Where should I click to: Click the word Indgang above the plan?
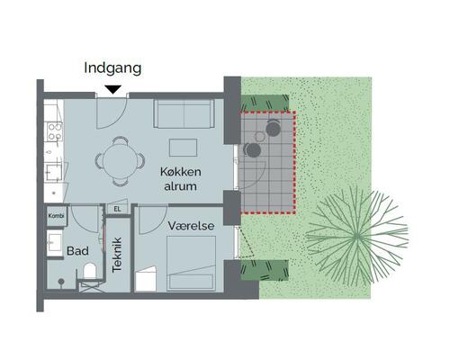click(112, 67)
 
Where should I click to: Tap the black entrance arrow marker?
click(112, 88)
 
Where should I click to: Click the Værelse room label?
click(190, 225)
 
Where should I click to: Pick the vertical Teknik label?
click(116, 255)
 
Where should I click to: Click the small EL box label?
click(116, 210)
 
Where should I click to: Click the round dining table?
click(120, 160)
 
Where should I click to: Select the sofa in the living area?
click(184, 113)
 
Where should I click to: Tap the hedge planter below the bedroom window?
click(266, 267)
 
